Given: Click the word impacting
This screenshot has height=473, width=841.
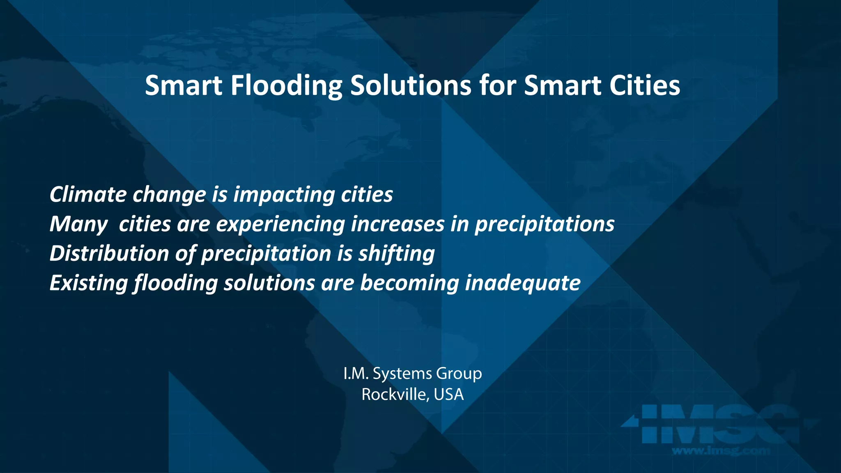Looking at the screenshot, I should pyautogui.click(x=284, y=195).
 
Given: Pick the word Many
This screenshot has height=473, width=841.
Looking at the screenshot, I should pyautogui.click(x=78, y=225).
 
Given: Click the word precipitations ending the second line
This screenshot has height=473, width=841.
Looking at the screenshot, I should pyautogui.click(x=545, y=225).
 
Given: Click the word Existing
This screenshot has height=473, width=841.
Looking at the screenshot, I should pyautogui.click(x=89, y=283).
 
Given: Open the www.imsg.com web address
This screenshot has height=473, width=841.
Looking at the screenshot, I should pyautogui.click(x=721, y=450).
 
